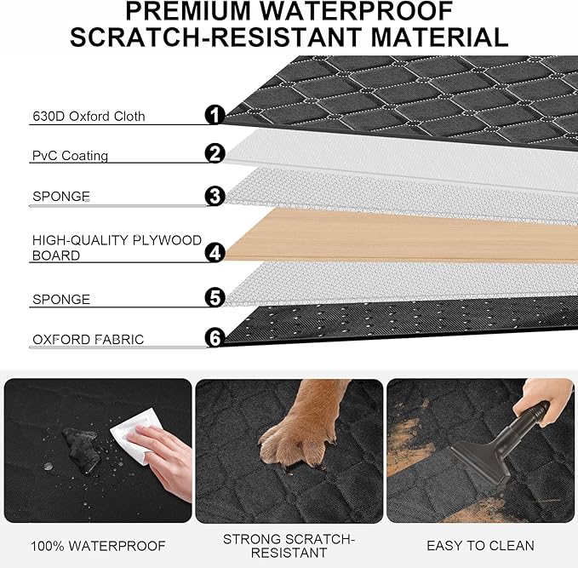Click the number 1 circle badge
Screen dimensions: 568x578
tap(215, 115)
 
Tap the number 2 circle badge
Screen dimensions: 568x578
tap(215, 154)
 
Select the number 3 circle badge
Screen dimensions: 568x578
tap(215, 196)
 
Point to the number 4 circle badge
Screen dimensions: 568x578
tap(215, 252)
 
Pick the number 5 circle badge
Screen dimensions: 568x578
tap(215, 297)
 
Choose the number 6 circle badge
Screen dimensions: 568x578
tap(215, 338)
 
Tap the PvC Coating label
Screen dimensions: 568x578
tap(70, 157)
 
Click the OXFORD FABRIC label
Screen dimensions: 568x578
tap(88, 340)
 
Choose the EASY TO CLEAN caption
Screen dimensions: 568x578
tap(481, 546)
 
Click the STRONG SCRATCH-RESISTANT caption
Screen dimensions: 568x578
tap(289, 546)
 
